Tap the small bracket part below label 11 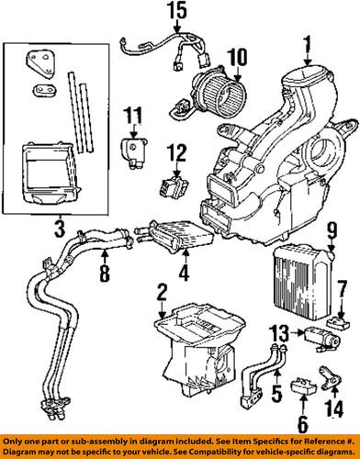coord(135,148)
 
